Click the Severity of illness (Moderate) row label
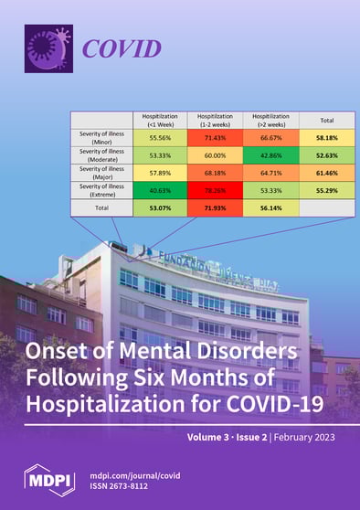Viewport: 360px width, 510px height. (101, 155)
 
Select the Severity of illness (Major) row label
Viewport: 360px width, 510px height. (101, 173)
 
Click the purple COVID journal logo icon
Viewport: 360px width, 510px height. (48, 48)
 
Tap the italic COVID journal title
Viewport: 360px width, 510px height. (122, 49)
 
